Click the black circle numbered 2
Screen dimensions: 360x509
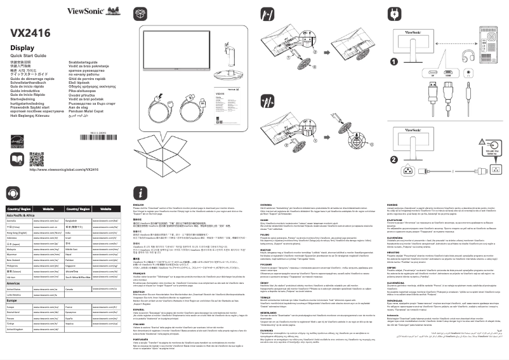click(394, 159)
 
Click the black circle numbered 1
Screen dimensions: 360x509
click(394, 62)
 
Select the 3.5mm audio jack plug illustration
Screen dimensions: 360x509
click(468, 93)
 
